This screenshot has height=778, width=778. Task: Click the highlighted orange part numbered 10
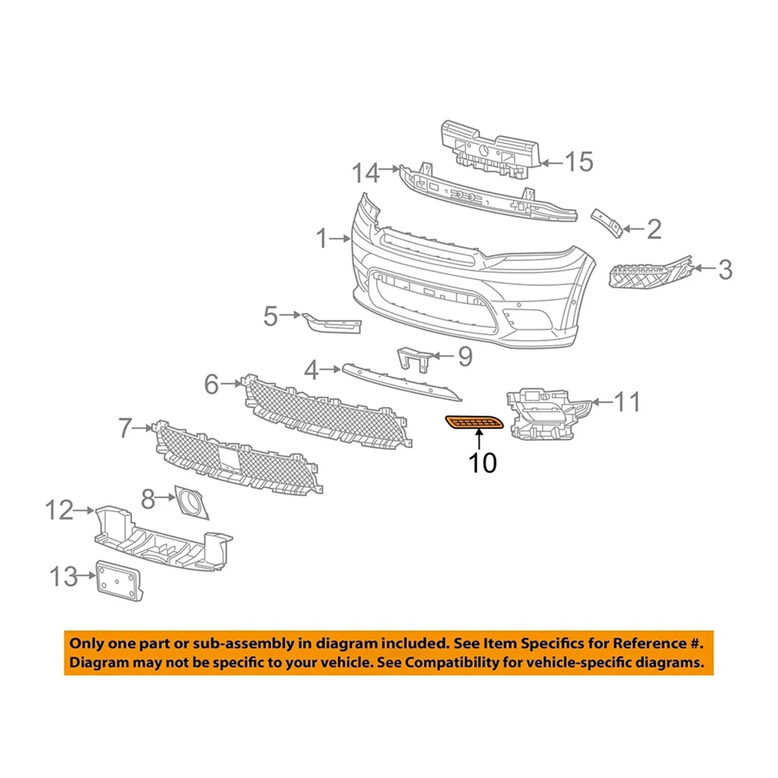click(x=474, y=423)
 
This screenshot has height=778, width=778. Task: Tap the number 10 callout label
click(x=482, y=463)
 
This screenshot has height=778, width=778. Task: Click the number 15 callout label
click(x=578, y=161)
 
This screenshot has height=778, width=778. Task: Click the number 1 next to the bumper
click(x=323, y=239)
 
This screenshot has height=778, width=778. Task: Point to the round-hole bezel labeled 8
click(x=192, y=502)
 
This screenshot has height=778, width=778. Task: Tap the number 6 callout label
click(x=211, y=384)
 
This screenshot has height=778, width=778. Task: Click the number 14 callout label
click(x=366, y=173)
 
